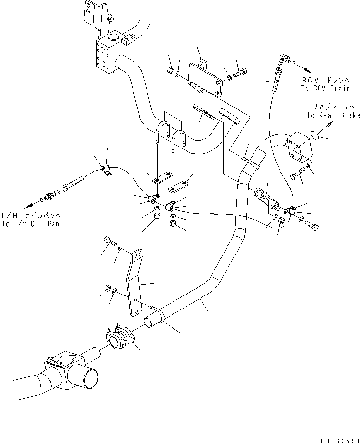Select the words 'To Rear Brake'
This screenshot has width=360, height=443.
(x=333, y=115)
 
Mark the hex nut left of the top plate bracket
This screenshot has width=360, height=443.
(x=170, y=70)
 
